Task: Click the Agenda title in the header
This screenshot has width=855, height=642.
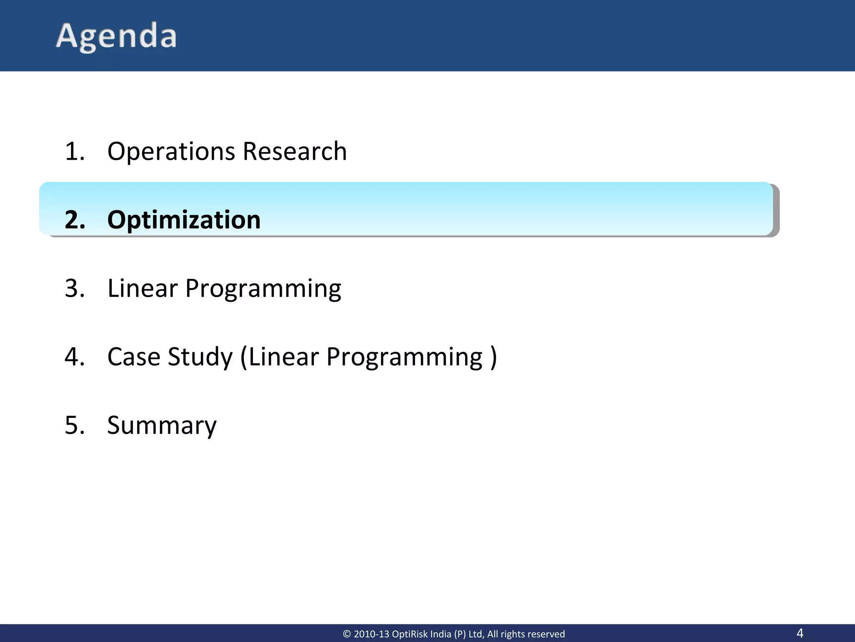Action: [116, 37]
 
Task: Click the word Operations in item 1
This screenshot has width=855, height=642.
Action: [171, 151]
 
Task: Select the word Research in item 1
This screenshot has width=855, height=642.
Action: [295, 151]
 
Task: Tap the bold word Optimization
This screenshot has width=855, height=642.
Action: [184, 220]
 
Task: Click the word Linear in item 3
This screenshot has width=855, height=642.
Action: [142, 288]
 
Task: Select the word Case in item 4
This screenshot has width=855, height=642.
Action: [134, 357]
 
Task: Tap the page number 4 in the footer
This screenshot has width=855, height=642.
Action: [799, 633]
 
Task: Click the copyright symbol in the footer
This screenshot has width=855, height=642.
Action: [347, 634]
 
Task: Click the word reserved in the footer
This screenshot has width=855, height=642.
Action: [546, 634]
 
